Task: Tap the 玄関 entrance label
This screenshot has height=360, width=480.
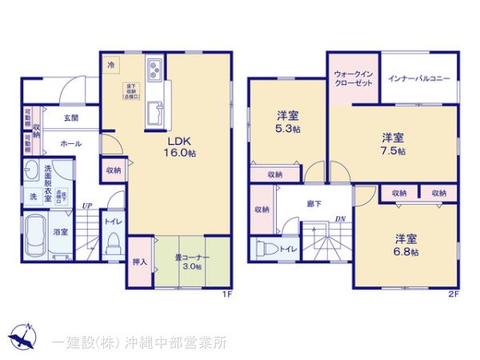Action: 70,118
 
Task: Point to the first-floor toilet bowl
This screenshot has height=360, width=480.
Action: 114,240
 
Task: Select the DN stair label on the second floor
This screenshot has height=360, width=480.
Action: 339,218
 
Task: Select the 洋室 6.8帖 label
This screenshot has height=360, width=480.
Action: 405,243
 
